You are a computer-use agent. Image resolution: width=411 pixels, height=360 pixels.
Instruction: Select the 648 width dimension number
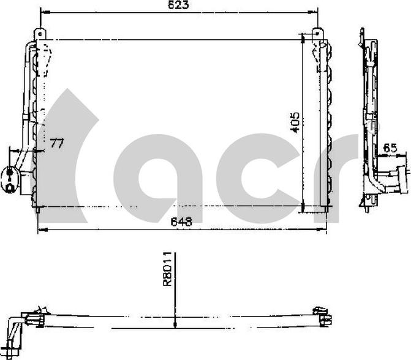pyautogui.click(x=182, y=223)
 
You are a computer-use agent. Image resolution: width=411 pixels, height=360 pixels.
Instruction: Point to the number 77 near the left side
pyautogui.click(x=57, y=144)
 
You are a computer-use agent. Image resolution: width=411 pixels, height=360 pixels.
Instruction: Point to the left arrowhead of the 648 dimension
pyautogui.click(x=40, y=230)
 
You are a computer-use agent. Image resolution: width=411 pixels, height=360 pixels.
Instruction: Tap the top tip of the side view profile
pyautogui.click(x=362, y=29)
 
